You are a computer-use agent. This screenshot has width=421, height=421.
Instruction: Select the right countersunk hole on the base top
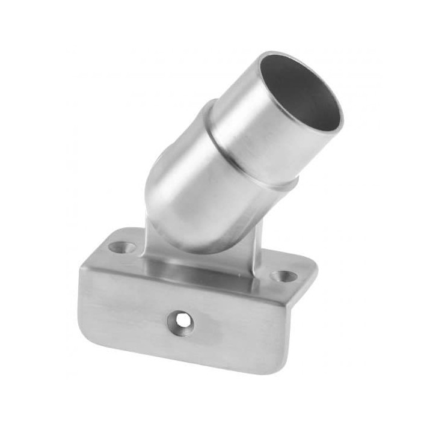pyautogui.click(x=283, y=276)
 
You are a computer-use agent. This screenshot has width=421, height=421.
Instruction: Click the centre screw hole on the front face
pyautogui.click(x=180, y=322)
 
